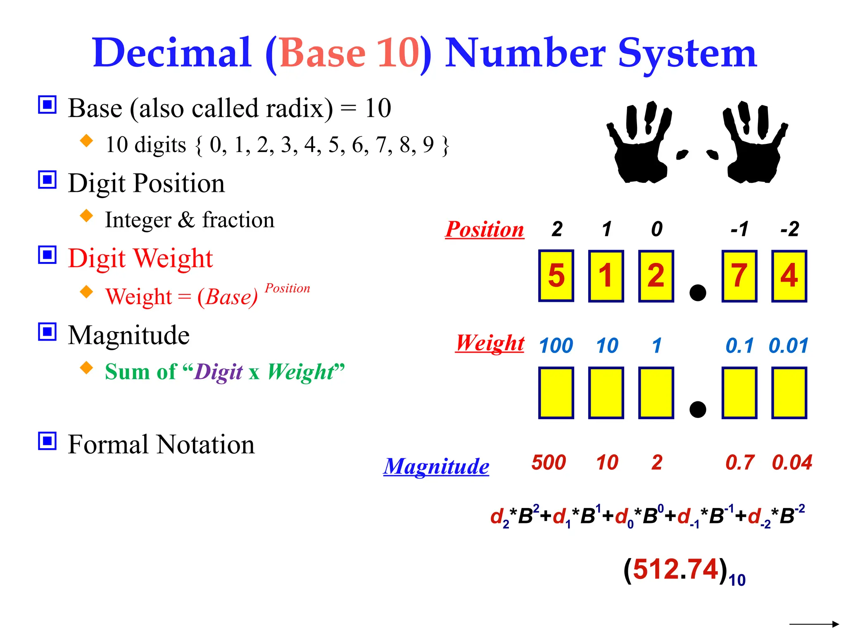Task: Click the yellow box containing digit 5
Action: (x=556, y=276)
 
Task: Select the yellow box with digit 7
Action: (x=739, y=276)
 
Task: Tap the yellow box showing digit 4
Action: (x=789, y=276)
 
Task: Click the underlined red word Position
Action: (x=485, y=229)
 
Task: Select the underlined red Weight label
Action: (x=490, y=343)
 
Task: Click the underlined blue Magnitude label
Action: (x=436, y=466)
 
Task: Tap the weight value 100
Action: (x=556, y=346)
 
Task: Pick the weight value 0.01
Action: (x=788, y=346)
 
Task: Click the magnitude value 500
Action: (x=549, y=462)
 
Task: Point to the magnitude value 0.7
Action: (x=740, y=462)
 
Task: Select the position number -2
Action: (x=789, y=229)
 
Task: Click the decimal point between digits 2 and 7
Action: (x=698, y=293)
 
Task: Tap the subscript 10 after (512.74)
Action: (x=737, y=580)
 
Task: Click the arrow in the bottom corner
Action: (x=814, y=624)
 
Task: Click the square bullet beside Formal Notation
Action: (x=47, y=441)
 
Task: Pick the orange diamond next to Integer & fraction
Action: (x=86, y=215)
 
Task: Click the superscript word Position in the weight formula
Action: (x=287, y=288)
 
